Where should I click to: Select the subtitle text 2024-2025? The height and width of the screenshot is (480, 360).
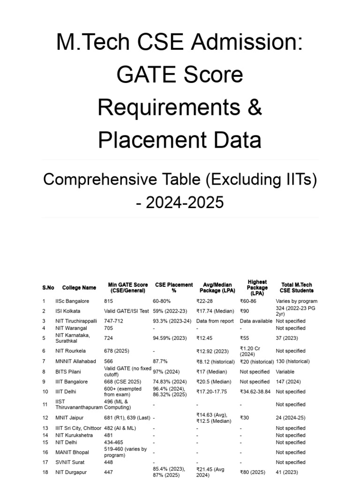click(x=185, y=202)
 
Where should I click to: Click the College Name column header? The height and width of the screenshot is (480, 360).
click(x=79, y=288)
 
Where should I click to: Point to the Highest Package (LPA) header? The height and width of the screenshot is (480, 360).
click(x=257, y=288)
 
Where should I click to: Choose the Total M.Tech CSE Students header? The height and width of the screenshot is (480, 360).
click(x=296, y=288)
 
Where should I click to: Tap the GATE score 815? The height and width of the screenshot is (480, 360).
click(x=109, y=301)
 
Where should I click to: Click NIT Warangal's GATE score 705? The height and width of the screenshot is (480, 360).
click(x=109, y=328)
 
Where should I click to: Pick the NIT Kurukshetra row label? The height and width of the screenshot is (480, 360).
click(x=74, y=435)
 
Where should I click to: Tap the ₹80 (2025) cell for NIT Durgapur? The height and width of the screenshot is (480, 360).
click(x=254, y=472)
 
